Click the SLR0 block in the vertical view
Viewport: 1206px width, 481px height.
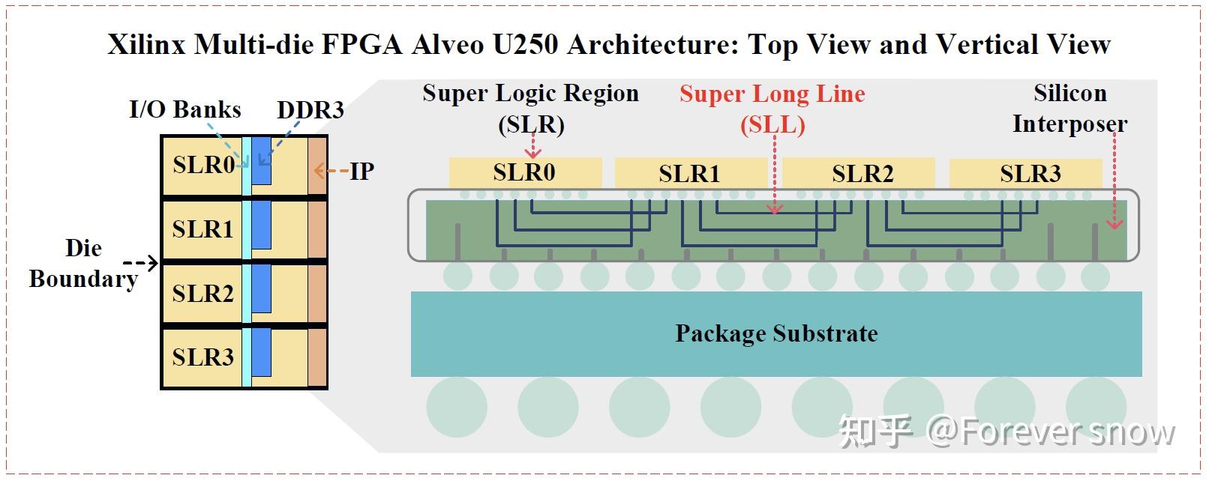524,172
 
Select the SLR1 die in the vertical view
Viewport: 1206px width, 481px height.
689,173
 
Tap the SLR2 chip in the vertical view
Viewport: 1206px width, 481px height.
862,173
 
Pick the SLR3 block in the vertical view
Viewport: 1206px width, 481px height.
1030,173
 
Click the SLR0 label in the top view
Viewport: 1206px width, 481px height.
203,165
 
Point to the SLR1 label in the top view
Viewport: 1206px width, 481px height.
202,229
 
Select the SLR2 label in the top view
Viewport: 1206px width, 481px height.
202,293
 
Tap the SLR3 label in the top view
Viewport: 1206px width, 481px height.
202,357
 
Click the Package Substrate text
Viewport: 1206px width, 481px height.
776,333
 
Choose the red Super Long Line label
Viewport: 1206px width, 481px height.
772,109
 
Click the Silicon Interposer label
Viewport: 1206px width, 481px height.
1069,109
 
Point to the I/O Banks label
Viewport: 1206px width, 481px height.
185,109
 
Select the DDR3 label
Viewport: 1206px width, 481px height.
310,110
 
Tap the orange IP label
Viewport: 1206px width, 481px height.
361,171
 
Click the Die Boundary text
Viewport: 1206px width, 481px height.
83,263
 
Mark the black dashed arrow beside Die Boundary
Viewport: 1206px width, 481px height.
140,263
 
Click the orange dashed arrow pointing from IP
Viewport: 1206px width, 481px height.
331,171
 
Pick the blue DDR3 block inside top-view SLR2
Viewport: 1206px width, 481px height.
261,288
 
